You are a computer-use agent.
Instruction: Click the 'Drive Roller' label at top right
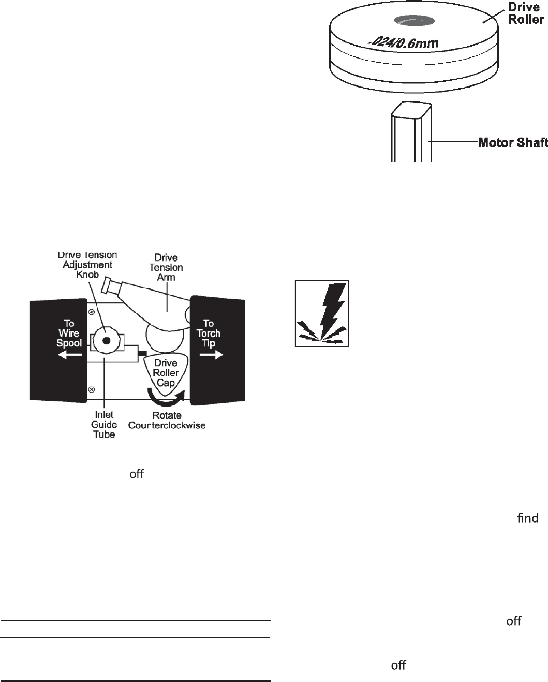point(525,14)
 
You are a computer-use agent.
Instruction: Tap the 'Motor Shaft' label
point(513,142)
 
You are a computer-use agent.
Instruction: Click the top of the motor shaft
point(412,110)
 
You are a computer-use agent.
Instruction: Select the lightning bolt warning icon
point(322,314)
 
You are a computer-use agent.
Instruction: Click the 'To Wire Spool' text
point(69,333)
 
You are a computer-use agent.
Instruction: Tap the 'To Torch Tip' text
point(209,333)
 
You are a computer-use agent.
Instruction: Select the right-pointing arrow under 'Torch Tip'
point(211,355)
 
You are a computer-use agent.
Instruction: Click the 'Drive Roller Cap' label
point(166,372)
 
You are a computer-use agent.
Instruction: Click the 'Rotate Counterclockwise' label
point(167,420)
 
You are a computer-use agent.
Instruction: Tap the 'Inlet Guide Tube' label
point(104,424)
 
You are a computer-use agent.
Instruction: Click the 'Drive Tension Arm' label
point(166,267)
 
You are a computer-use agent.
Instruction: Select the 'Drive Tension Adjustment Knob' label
point(87,265)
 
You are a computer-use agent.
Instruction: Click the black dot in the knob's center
point(106,341)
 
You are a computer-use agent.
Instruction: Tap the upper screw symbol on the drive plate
point(92,312)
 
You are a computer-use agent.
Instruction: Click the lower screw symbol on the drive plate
point(92,389)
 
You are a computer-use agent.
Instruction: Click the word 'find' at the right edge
point(527,518)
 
